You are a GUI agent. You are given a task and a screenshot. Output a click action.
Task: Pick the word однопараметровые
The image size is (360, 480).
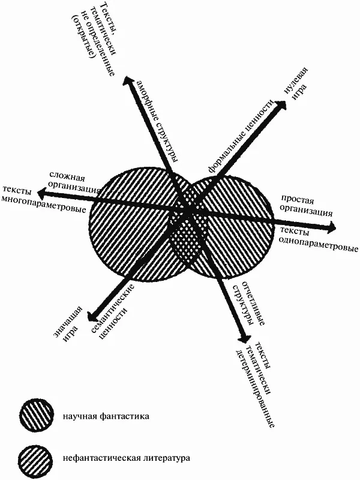click(x=319, y=245)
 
